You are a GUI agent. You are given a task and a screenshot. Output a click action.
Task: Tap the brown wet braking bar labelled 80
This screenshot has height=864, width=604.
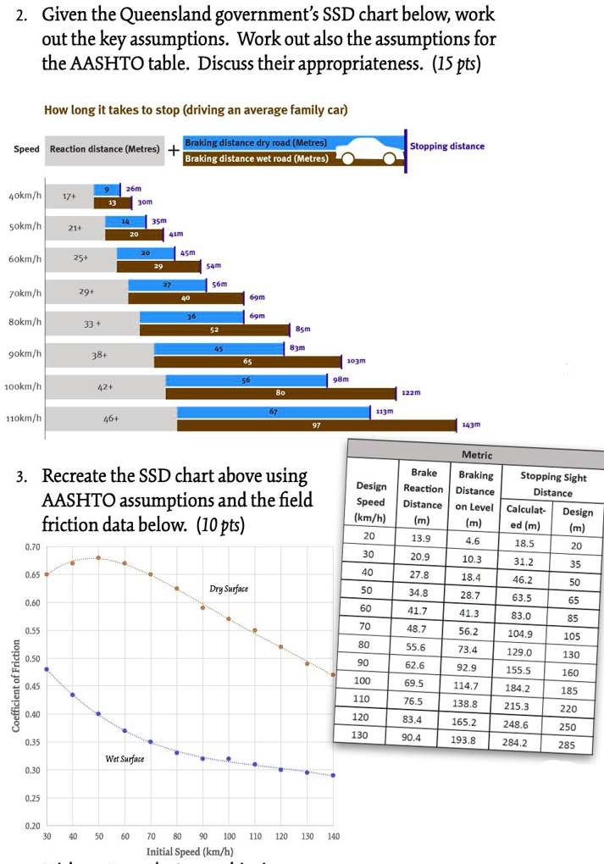pyautogui.click(x=280, y=393)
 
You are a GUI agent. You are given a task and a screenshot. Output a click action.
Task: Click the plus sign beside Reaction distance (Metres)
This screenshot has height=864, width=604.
pyautogui.click(x=172, y=151)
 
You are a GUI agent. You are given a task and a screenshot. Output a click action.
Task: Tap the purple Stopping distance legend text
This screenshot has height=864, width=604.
pyautogui.click(x=447, y=146)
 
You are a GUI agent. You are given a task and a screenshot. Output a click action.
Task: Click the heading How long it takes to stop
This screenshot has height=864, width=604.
pyautogui.click(x=196, y=111)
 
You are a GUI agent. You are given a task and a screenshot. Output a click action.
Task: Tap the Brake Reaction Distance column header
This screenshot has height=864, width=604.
pyautogui.click(x=423, y=496)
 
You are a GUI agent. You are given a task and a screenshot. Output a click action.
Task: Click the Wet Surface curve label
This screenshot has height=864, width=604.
pyautogui.click(x=125, y=758)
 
